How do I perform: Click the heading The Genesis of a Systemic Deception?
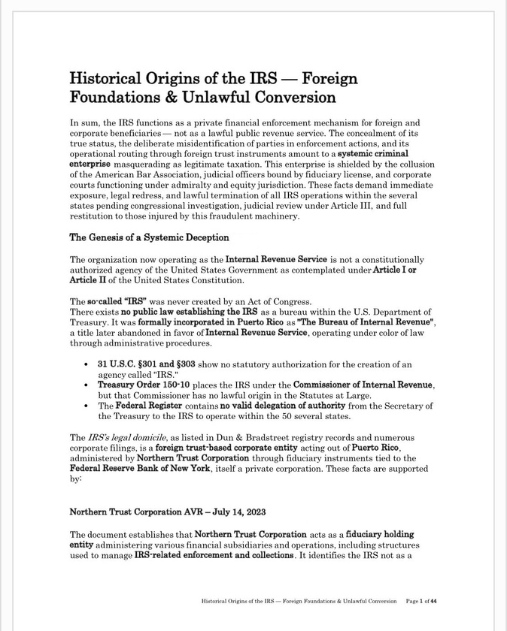click(149, 238)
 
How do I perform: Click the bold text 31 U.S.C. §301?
click(133, 364)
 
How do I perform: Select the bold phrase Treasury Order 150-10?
click(146, 385)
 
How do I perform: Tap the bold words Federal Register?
click(162, 406)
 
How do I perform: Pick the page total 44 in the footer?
click(443, 601)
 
